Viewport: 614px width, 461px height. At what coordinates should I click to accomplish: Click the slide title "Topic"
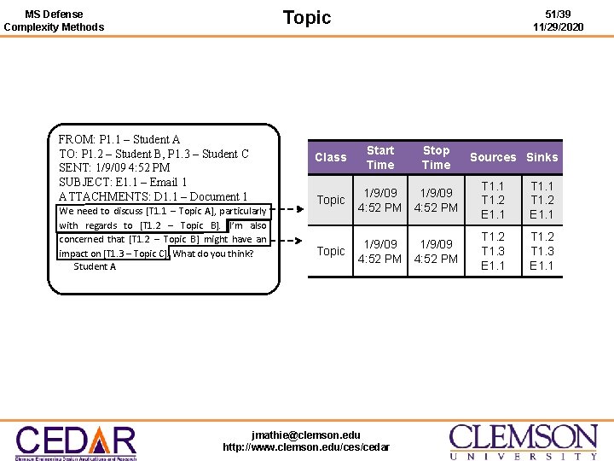(x=306, y=18)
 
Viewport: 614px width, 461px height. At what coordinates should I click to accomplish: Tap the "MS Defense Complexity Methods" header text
(x=54, y=20)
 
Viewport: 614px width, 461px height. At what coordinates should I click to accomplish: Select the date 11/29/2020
(x=559, y=27)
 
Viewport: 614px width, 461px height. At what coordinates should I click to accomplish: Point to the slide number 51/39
(x=559, y=15)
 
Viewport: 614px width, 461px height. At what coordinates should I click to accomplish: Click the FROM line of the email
(x=119, y=139)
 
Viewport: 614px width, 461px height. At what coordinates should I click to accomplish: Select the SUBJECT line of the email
(x=123, y=182)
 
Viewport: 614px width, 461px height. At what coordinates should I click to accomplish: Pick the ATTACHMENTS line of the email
(x=153, y=196)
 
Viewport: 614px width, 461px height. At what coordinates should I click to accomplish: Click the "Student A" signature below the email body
(x=95, y=266)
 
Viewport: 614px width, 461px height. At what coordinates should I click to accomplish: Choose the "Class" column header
(x=330, y=157)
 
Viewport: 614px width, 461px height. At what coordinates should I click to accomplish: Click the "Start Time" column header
(x=380, y=157)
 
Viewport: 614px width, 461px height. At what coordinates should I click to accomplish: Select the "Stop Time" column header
(x=436, y=157)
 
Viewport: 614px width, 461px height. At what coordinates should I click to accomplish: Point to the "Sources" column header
(x=493, y=157)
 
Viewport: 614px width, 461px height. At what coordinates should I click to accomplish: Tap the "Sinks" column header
(x=542, y=157)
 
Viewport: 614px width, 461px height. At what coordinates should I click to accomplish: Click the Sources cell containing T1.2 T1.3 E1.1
(x=493, y=251)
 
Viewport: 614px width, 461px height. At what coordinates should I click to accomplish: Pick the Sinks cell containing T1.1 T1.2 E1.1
(x=542, y=200)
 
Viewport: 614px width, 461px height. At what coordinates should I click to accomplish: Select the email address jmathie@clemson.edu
(x=306, y=435)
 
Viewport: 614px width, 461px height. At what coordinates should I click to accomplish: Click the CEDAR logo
(x=76, y=441)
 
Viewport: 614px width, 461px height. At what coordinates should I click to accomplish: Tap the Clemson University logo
(x=524, y=441)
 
